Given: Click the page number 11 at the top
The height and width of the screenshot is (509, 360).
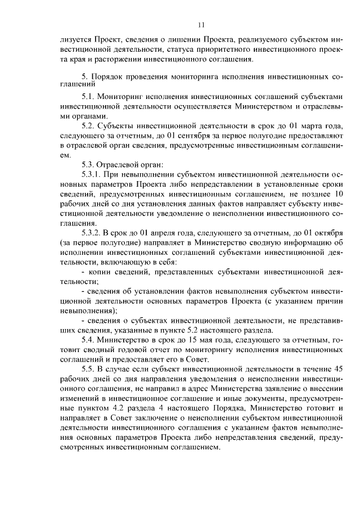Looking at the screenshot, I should click(x=201, y=24).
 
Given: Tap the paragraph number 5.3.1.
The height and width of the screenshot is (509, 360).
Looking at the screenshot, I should click(x=93, y=174).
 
